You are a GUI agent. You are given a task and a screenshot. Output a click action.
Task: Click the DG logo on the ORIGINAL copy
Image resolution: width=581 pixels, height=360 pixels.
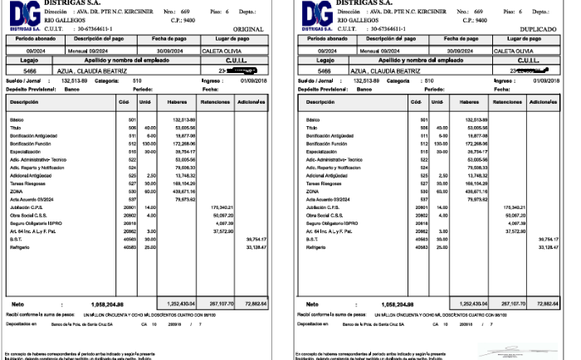(22, 15)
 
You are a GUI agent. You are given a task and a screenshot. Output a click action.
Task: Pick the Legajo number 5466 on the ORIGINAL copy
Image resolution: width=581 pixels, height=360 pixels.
(31, 71)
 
